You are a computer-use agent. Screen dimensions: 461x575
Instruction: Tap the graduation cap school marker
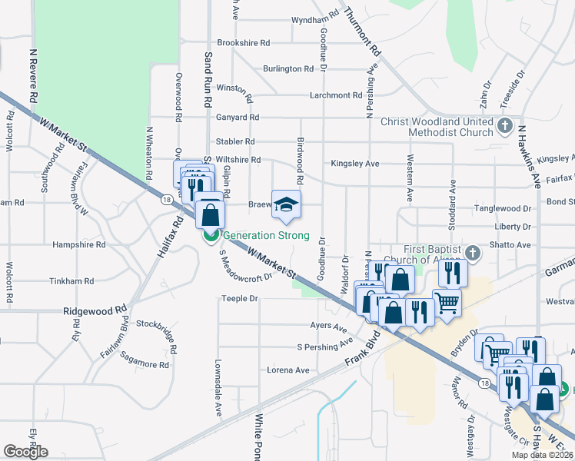(286, 204)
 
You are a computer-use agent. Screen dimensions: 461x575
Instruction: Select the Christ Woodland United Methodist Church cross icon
(505, 125)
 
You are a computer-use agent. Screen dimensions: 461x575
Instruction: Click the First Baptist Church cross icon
(474, 252)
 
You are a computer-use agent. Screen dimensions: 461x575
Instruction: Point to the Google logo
(25, 452)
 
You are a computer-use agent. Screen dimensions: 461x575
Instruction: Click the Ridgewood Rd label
(95, 313)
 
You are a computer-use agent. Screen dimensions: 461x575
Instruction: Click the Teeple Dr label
(238, 298)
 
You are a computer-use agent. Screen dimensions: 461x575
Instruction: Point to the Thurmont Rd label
(363, 32)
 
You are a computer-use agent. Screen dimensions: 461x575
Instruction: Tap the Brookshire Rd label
(244, 43)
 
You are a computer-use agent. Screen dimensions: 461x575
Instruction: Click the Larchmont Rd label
(335, 95)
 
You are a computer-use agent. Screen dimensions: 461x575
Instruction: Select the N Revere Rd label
(33, 78)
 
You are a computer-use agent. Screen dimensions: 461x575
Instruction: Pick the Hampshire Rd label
(78, 245)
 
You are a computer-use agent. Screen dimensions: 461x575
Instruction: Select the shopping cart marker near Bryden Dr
(490, 349)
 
